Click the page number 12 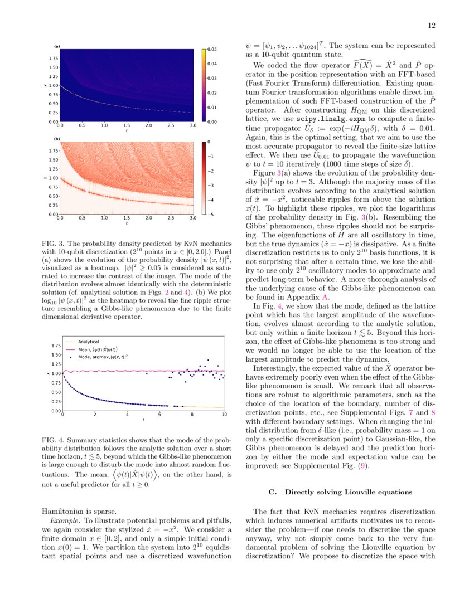click(432, 25)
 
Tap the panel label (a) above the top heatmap click(56, 46)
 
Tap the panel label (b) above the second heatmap click(56, 138)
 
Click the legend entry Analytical click(88, 341)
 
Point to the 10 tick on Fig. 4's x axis click(224, 415)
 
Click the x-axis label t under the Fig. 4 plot click(143, 420)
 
